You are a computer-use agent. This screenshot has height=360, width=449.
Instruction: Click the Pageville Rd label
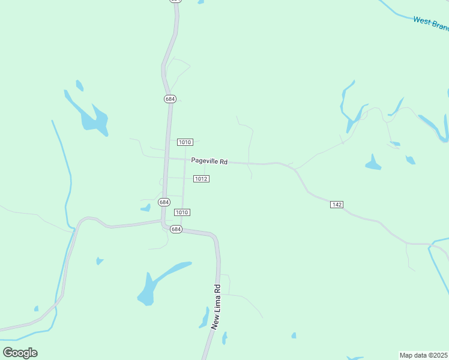click(x=209, y=161)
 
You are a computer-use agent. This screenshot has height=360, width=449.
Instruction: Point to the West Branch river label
click(x=430, y=23)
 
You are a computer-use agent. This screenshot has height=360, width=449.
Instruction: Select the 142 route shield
click(x=336, y=205)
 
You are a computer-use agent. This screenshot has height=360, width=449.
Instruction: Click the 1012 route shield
click(x=201, y=179)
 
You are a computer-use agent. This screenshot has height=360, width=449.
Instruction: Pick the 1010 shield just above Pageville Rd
click(x=185, y=142)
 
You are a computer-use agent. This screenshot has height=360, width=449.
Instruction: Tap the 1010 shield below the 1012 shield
click(x=182, y=212)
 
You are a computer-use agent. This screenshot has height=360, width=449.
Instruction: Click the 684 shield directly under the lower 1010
click(x=175, y=229)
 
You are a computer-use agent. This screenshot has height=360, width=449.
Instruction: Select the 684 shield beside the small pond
click(x=164, y=202)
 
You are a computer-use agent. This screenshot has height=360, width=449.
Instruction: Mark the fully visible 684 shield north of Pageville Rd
click(x=170, y=98)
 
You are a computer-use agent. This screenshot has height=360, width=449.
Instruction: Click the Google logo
click(x=20, y=352)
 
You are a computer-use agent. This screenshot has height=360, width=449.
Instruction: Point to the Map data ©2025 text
click(x=424, y=355)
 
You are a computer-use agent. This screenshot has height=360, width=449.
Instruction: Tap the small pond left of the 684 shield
click(x=145, y=208)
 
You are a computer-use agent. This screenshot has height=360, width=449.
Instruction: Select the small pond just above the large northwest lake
click(x=79, y=86)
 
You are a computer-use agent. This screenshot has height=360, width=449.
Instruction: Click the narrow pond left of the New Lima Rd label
click(x=204, y=317)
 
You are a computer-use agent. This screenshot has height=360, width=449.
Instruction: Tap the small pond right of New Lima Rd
click(x=224, y=338)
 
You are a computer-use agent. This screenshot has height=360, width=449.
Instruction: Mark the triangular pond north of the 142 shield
click(x=373, y=163)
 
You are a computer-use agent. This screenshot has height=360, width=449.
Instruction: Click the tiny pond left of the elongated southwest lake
click(x=99, y=261)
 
